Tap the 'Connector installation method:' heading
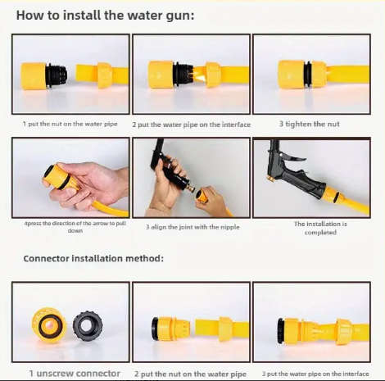93,258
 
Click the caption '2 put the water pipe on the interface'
192,124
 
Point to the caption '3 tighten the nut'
310,124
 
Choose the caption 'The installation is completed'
315,227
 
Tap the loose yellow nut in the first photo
104,74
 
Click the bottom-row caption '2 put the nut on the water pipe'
190,373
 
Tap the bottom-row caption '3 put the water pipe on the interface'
315,373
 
